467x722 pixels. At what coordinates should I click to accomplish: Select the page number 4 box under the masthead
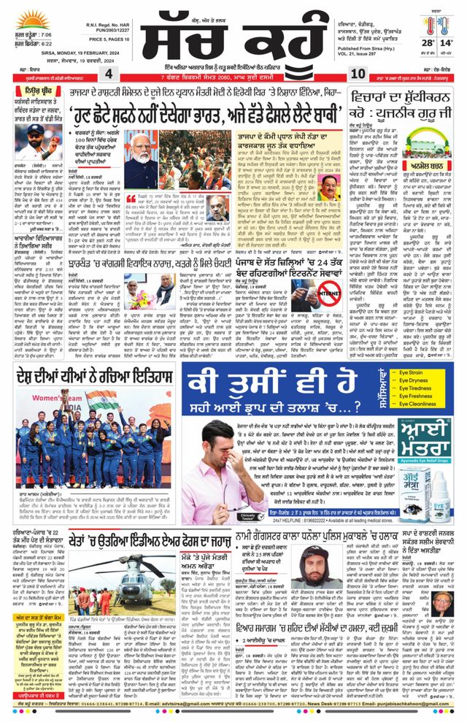[x=108, y=74]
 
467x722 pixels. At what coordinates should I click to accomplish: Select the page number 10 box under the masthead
[x=358, y=74]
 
